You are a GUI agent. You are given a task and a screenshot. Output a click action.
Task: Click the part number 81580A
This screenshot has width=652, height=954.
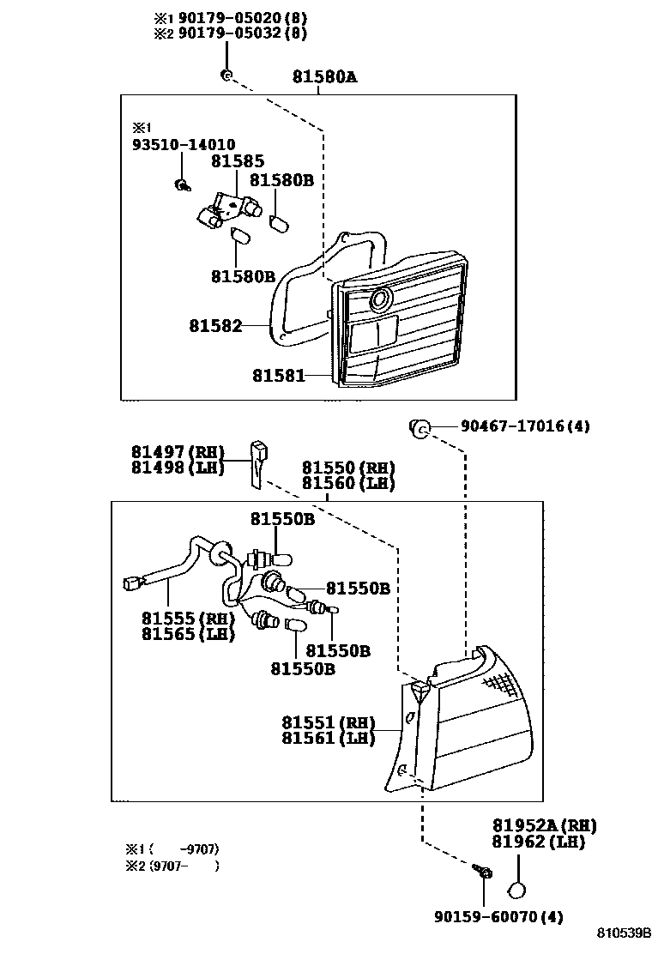click(323, 77)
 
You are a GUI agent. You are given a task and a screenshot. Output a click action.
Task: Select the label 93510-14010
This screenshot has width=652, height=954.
click(184, 145)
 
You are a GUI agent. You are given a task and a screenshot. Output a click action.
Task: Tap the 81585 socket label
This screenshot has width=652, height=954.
click(238, 161)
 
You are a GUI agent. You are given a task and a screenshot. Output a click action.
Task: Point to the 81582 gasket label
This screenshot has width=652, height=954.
click(216, 326)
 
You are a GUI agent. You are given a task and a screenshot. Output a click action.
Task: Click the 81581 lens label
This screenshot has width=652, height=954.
click(279, 375)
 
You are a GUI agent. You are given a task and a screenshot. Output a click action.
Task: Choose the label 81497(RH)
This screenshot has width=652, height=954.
click(178, 452)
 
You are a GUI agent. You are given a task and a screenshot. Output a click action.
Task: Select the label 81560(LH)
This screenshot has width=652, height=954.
click(348, 483)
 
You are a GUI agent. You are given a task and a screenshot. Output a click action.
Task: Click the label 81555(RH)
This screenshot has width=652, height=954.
click(188, 619)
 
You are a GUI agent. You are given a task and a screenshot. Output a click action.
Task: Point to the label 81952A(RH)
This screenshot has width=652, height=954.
click(544, 825)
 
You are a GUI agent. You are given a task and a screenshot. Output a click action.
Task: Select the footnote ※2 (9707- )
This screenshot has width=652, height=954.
click(172, 866)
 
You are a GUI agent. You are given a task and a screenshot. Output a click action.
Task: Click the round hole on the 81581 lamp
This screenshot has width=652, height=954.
click(379, 299)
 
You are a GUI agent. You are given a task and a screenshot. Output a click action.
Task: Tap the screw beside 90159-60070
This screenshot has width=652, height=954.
click(483, 872)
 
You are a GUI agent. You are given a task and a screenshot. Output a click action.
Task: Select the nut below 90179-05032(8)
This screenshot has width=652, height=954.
click(226, 75)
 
